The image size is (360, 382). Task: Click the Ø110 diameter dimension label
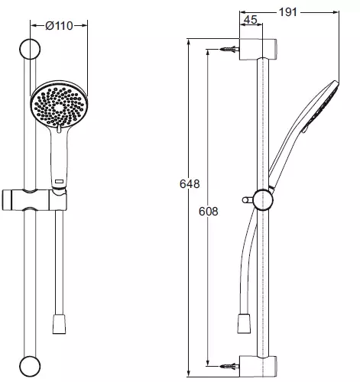click(x=59, y=26)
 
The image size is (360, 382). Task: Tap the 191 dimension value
click(x=288, y=12)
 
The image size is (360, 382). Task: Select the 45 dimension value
click(x=251, y=20)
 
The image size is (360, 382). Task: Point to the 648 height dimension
click(x=190, y=184)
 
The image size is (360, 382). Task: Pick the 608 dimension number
click(x=209, y=212)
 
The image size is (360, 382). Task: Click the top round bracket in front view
click(x=30, y=49)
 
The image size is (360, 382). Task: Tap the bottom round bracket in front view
click(x=30, y=366)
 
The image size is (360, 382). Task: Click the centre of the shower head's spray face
click(x=59, y=107)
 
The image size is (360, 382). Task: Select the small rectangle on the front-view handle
click(x=60, y=181)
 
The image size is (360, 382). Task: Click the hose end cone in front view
click(x=59, y=324)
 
